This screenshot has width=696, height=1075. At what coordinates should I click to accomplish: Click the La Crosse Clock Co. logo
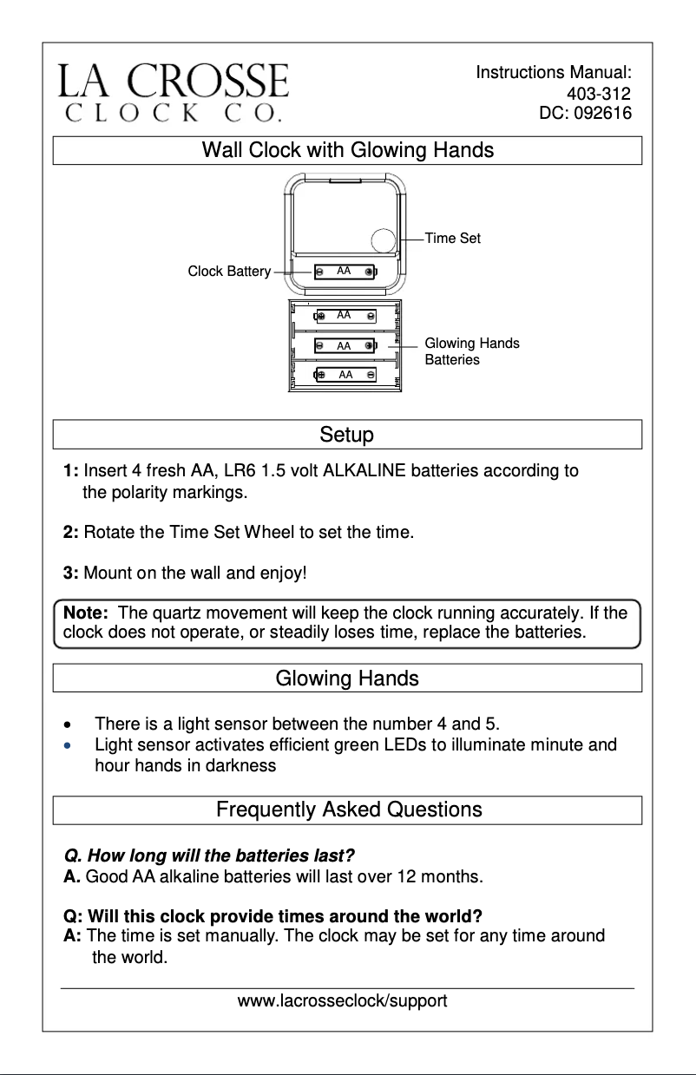click(174, 91)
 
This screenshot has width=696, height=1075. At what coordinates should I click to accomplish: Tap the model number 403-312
click(598, 94)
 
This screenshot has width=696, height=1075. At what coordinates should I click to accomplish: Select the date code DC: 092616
click(585, 113)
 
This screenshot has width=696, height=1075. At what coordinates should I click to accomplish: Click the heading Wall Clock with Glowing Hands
click(347, 150)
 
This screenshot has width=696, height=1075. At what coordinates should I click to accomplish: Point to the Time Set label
click(452, 239)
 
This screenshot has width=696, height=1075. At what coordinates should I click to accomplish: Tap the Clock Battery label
click(229, 272)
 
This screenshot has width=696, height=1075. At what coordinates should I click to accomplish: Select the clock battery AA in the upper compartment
click(345, 272)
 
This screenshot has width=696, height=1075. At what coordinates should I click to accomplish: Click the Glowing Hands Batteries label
click(471, 351)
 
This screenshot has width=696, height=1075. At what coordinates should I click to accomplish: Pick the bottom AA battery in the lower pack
click(345, 375)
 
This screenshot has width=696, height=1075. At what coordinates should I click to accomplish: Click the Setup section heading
click(347, 434)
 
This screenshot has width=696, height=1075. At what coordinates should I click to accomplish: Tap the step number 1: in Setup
click(71, 471)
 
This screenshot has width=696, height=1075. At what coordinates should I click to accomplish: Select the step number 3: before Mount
click(71, 574)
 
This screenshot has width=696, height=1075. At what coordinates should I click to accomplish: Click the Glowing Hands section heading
click(347, 678)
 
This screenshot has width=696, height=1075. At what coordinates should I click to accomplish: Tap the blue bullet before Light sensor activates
click(69, 745)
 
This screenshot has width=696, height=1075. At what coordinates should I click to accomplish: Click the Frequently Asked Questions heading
click(348, 810)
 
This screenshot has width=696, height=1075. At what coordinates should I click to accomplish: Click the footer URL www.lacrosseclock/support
click(342, 1001)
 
